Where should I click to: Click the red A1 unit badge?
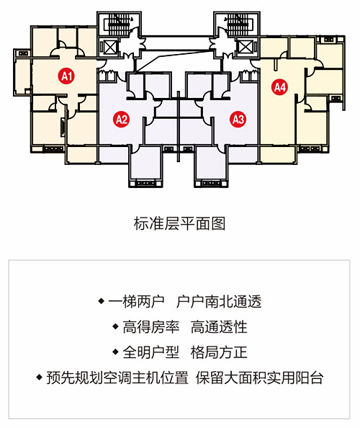[66, 76]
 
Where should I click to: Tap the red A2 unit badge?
[122, 119]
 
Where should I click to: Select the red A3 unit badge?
[238, 119]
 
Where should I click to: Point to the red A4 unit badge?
[280, 87]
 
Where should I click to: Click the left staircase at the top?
[120, 24]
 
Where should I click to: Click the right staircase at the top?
[237, 24]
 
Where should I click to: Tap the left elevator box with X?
[110, 48]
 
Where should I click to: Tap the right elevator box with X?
[245, 48]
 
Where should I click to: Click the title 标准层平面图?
[179, 224]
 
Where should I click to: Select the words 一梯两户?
[136, 301]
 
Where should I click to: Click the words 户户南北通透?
[219, 301]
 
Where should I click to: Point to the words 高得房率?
[150, 326]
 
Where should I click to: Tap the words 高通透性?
[219, 326]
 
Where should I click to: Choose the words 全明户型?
[150, 352]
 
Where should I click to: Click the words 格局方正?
[219, 352]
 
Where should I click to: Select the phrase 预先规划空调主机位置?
[117, 378]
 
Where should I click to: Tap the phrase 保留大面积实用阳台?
[260, 378]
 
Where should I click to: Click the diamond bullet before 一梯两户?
[102, 301]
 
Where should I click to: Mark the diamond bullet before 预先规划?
[40, 378]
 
